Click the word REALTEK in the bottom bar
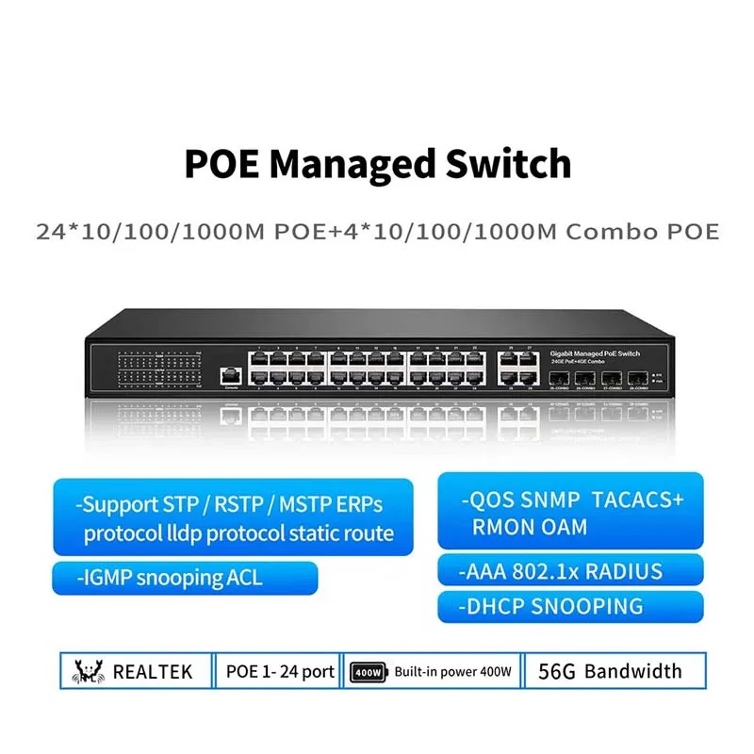point(153,672)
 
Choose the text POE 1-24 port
point(280,672)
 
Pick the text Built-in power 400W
point(453,672)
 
